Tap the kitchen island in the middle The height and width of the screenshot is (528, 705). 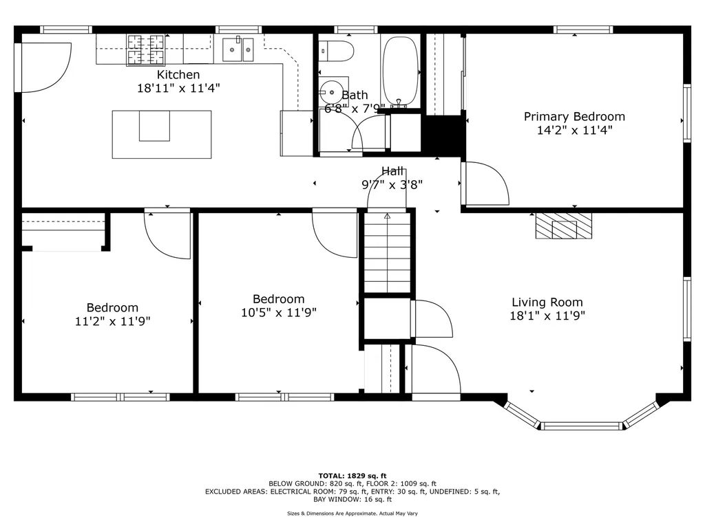tap(162, 134)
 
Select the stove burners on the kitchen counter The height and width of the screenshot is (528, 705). tap(146, 49)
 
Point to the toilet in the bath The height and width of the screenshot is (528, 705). tap(337, 50)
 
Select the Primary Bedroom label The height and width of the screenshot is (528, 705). tap(574, 116)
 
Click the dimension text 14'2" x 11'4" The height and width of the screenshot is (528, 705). tap(574, 130)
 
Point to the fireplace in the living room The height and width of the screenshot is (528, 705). tap(564, 225)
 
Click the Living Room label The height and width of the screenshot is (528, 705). tap(547, 302)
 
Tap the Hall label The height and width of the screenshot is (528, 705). tap(392, 170)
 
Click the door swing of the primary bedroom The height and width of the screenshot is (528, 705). tap(485, 184)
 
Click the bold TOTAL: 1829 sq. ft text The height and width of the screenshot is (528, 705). tap(352, 475)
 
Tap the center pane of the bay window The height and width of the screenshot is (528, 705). tap(582, 426)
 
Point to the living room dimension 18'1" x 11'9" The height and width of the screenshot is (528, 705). tap(547, 316)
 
